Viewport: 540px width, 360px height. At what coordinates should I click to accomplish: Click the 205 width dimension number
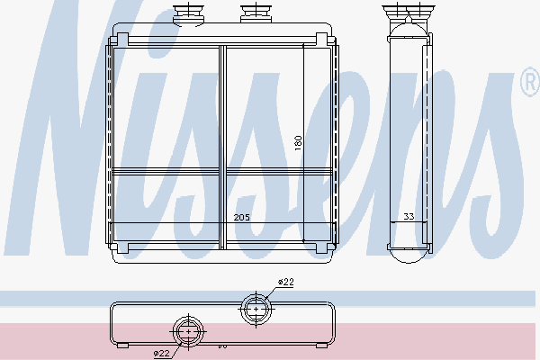tap(241, 218)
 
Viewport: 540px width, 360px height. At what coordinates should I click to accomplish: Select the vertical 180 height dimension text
tap(298, 142)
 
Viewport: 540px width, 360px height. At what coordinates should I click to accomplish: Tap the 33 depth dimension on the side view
tap(409, 216)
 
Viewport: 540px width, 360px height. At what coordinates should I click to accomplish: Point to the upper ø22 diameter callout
tap(286, 282)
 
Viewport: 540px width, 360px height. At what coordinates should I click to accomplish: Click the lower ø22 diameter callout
tap(161, 353)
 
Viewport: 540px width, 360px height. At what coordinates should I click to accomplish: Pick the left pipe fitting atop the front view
tap(188, 14)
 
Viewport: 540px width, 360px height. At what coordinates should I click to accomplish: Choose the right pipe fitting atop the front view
tap(256, 13)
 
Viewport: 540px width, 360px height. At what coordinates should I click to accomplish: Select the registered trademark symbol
tap(531, 82)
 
